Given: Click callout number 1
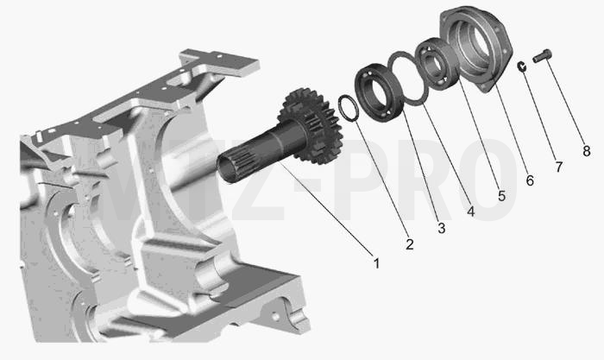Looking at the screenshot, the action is [376, 263].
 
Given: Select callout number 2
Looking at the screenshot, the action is [409, 244].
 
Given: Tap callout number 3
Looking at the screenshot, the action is [441, 228].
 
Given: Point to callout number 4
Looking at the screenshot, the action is [471, 212].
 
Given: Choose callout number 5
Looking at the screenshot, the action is [501, 196].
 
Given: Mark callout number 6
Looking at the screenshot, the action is [530, 180].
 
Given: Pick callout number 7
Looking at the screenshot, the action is [558, 167].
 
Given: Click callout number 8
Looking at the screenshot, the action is [586, 151].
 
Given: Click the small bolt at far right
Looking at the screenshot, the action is [543, 56].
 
